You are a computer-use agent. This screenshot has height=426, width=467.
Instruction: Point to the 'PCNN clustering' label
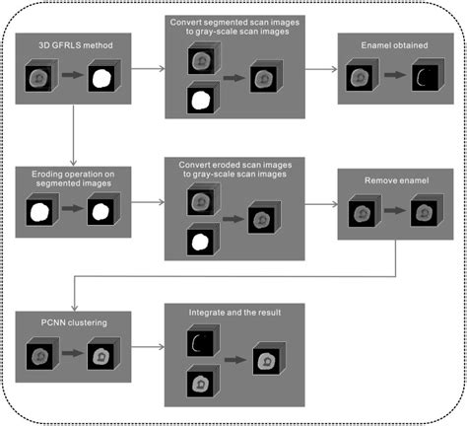61,320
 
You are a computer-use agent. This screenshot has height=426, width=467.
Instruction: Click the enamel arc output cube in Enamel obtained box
423,76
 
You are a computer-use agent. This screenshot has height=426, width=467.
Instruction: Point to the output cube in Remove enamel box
423,212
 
